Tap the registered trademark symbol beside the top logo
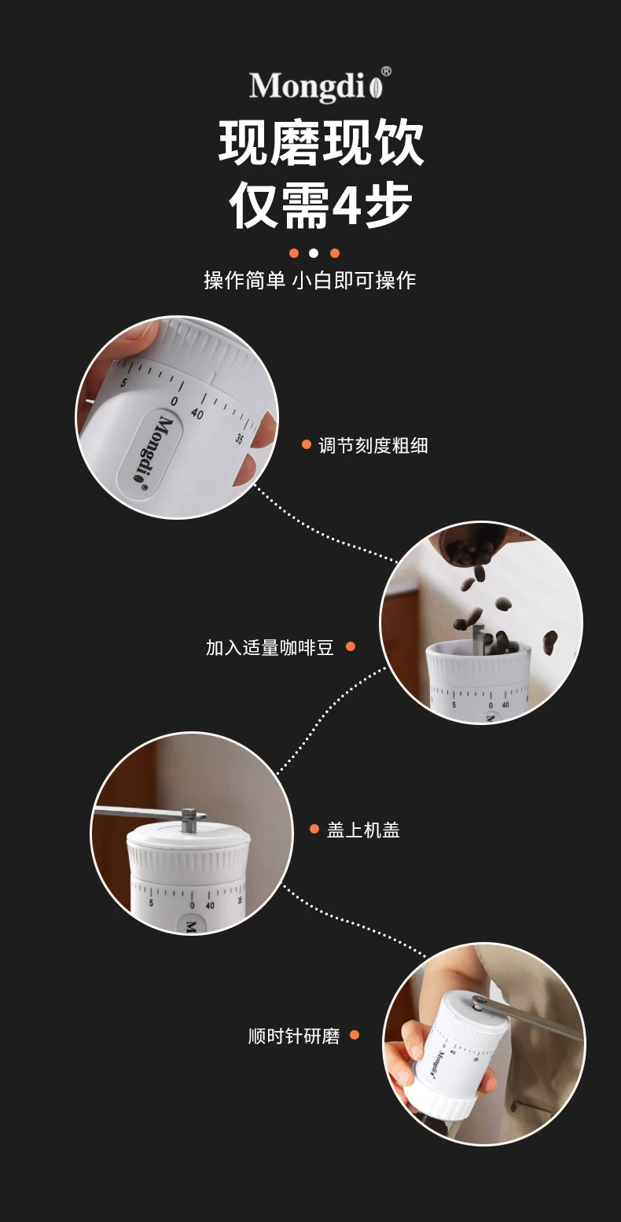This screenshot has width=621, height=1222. click(x=386, y=72)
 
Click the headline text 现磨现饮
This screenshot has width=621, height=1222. click(x=321, y=142)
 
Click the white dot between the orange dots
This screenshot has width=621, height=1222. click(x=314, y=253)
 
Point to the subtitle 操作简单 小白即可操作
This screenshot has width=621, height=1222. click(x=310, y=281)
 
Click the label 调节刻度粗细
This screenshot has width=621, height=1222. click(x=373, y=446)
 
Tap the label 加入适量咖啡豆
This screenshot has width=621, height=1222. click(x=270, y=647)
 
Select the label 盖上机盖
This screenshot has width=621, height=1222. click(x=363, y=830)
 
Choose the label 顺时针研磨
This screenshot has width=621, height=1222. click(x=295, y=1036)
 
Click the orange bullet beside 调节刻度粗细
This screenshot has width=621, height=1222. click(x=307, y=444)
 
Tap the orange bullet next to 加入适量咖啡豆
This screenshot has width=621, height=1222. click(x=351, y=646)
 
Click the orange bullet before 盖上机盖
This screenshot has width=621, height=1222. click(x=314, y=829)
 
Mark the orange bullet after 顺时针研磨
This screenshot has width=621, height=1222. click(x=355, y=1035)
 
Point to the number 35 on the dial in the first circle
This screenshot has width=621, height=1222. click(x=240, y=438)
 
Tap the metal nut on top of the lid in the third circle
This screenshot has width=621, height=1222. click(x=189, y=820)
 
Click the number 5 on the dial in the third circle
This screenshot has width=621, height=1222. click(x=151, y=903)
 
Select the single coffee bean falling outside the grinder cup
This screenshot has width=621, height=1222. click(x=549, y=642)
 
